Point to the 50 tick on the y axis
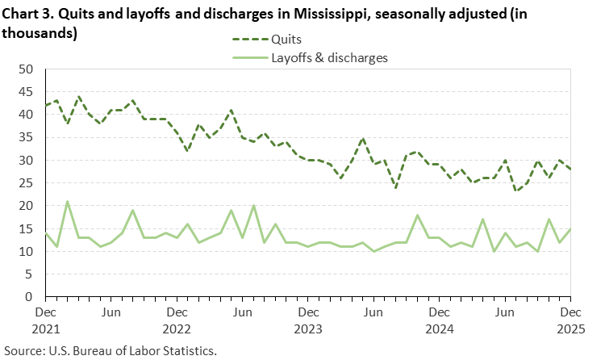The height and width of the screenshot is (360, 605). [x=25, y=69]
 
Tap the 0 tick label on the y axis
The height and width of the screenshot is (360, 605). [x=28, y=297]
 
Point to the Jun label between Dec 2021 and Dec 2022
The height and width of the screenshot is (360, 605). [x=111, y=310]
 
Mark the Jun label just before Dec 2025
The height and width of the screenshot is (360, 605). [x=504, y=310]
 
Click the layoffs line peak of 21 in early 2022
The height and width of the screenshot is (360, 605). [x=67, y=202]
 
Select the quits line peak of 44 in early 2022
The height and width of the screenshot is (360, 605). [x=78, y=97]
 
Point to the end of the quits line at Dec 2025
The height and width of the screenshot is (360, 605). [x=570, y=170]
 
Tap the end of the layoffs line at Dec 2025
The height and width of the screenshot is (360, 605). [x=570, y=228]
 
